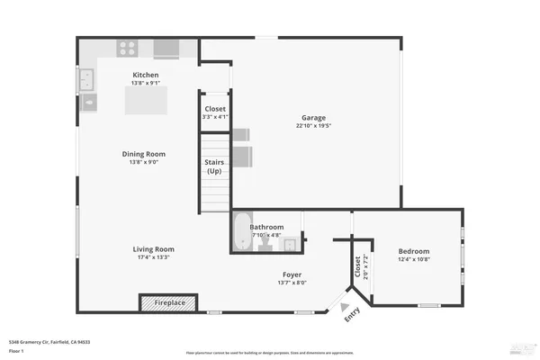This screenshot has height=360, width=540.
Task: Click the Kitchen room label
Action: [146, 75]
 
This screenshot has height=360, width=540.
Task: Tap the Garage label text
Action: [312, 118]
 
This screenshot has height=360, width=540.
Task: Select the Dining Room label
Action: [146, 154]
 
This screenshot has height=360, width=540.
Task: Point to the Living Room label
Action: [153, 249]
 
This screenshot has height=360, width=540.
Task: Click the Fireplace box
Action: [166, 303]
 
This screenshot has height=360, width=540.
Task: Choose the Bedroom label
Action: [414, 251]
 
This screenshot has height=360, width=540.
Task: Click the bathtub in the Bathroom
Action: [242, 232]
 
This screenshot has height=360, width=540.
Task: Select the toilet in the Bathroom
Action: [267, 242]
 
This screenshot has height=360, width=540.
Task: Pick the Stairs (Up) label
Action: [214, 166]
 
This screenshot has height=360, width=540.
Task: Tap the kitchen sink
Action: [88, 81]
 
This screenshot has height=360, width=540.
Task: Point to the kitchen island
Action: [146, 101]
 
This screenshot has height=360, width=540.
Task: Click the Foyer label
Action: [292, 274]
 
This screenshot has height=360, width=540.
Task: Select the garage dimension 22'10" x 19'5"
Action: [312, 127]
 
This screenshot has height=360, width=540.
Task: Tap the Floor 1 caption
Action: [16, 352]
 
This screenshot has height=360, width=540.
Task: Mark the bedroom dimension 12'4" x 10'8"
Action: [414, 260]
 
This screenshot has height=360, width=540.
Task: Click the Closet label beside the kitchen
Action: [215, 109]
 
